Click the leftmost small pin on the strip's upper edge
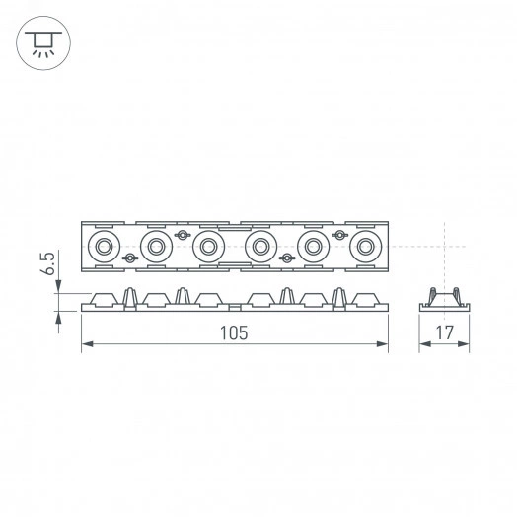182,234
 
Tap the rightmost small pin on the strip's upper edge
340,234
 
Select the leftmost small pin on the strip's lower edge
128,258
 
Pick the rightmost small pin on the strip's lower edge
287,258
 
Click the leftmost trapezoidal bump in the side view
102,298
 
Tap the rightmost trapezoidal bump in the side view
366,298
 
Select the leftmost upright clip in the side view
128,297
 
